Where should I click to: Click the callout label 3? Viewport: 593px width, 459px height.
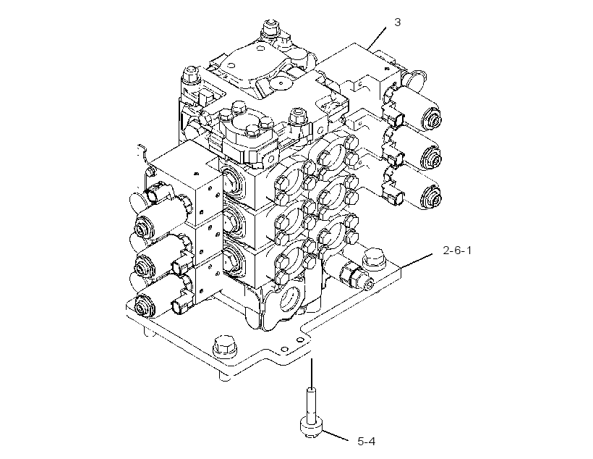coord(397,22)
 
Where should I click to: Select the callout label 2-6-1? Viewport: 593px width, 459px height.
coord(457,250)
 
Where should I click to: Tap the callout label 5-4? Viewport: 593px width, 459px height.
coord(367,441)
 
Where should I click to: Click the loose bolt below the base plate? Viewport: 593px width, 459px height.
coord(311,413)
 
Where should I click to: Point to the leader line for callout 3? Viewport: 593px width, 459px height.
coord(377,38)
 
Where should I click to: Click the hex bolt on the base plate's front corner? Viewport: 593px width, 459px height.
coord(225,346)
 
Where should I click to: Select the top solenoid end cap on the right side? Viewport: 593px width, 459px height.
coord(432,118)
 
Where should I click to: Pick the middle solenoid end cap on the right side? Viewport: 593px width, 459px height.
coord(432,157)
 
